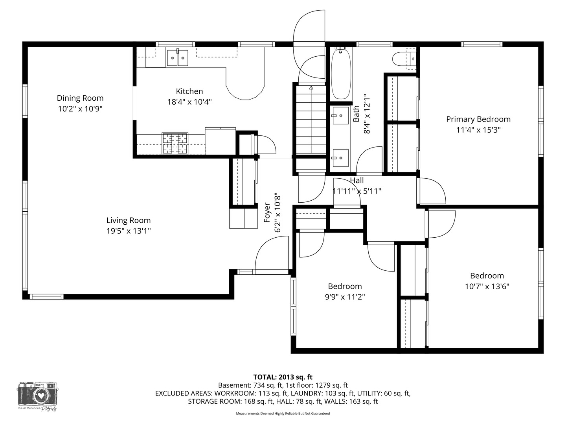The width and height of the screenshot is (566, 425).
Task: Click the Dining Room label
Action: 80,98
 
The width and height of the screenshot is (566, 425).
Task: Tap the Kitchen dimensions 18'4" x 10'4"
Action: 189,102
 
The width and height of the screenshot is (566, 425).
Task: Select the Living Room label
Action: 129,220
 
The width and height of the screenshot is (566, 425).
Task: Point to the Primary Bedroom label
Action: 478,119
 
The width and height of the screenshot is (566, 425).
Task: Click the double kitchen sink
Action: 177,58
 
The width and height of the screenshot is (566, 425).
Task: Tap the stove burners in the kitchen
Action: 175,144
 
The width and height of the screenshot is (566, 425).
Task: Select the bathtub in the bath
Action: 341,74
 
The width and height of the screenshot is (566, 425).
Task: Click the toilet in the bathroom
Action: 404,59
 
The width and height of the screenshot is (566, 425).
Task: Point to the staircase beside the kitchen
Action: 311,120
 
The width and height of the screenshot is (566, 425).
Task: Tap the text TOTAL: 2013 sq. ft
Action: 283,377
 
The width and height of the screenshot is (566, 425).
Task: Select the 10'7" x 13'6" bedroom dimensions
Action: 487,286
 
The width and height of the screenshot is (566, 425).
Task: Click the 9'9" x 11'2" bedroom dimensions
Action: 345,297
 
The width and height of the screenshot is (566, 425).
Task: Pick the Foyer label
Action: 267,213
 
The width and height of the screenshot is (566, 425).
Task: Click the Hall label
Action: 357,180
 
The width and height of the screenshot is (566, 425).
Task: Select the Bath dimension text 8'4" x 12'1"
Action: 367,114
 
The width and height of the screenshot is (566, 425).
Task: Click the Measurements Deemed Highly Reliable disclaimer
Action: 283,414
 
